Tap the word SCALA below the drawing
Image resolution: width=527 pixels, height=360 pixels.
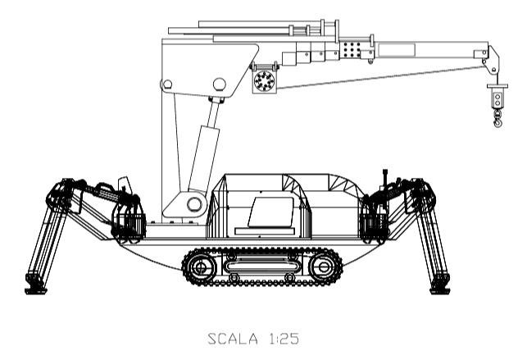click(233, 339)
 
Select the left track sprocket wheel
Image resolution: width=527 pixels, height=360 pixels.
click(201, 267)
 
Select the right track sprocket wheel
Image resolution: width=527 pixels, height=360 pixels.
click(324, 267)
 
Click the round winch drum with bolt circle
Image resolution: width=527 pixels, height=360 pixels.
click(265, 81)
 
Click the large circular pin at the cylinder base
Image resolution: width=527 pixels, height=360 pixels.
click(194, 204)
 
